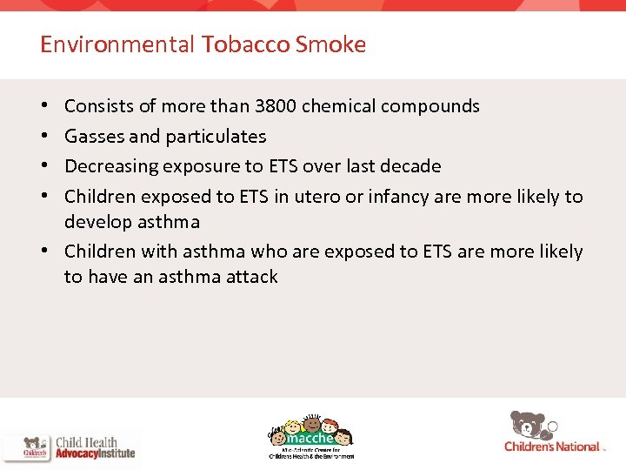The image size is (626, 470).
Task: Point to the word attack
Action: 251,278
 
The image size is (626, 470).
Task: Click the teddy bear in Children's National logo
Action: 530,424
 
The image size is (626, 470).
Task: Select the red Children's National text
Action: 552,446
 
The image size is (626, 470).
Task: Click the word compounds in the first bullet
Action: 435,106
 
